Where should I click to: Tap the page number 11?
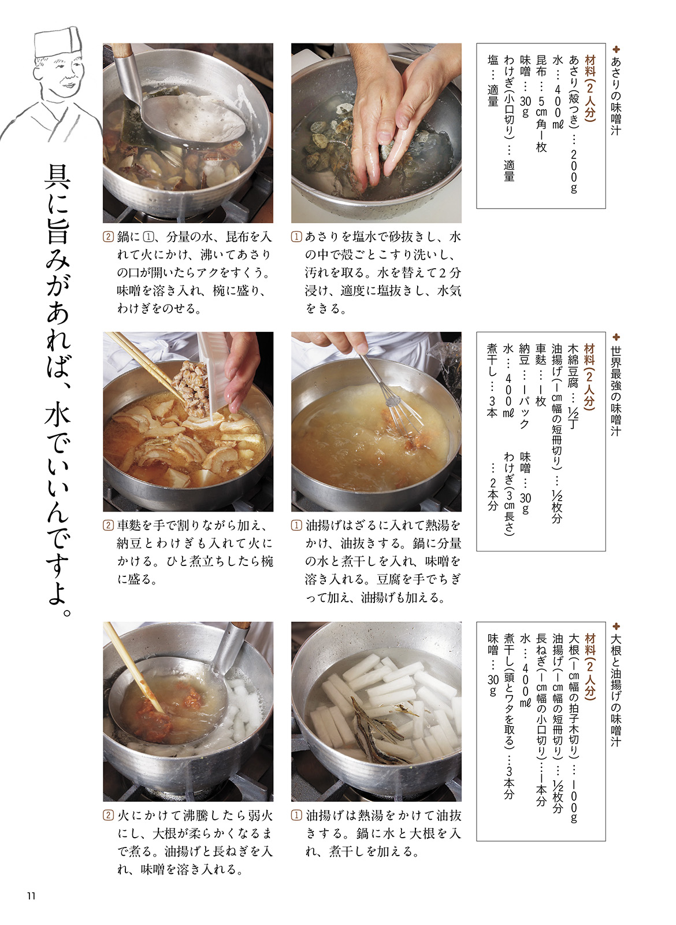coord(31,896)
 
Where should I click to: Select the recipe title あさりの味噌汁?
coord(615,96)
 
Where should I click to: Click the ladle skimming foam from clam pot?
coord(177,103)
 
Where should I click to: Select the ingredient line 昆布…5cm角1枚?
coord(541,103)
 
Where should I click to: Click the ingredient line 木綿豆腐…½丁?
coord(573,387)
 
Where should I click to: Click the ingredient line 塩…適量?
coord(493,81)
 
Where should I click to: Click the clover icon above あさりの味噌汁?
coord(616,49)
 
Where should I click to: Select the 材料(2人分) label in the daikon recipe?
coord(590,667)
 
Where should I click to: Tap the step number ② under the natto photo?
coord(108,526)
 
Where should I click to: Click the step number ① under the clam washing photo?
coord(296,236)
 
